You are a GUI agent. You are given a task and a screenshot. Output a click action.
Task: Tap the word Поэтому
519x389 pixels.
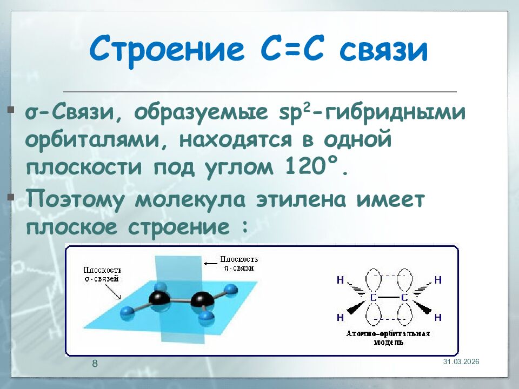[x=76, y=200]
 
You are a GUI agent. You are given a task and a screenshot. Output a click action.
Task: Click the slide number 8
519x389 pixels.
[x=95, y=363]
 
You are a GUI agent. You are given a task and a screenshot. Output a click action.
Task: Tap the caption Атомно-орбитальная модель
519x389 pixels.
[x=388, y=338]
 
